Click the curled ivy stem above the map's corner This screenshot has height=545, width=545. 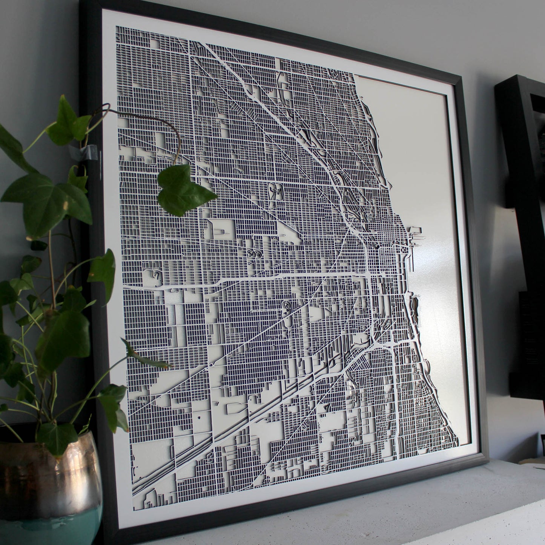tap(166, 124)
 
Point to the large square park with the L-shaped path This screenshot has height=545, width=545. tap(223, 230)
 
